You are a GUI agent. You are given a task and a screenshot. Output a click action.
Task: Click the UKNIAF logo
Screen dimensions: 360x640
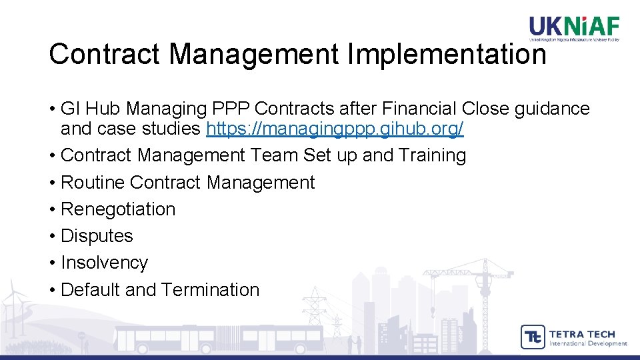pos(574,28)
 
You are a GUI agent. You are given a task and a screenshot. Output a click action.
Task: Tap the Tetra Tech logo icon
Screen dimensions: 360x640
pos(533,337)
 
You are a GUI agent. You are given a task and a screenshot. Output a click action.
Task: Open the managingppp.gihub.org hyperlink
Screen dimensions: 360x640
pos(335,129)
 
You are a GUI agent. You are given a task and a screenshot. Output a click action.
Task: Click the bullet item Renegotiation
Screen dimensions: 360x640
pos(117,209)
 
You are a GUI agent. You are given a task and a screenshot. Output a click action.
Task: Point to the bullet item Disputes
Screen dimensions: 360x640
pos(97,236)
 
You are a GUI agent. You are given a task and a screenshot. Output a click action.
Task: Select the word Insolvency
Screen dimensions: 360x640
pos(104,263)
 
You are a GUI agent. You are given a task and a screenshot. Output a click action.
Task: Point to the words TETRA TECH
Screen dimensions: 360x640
pos(581,333)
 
